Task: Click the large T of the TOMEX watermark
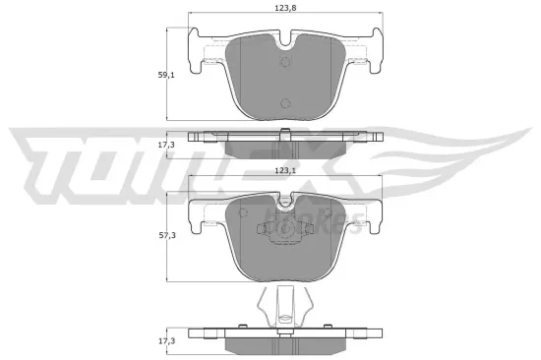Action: (x=49, y=157)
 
